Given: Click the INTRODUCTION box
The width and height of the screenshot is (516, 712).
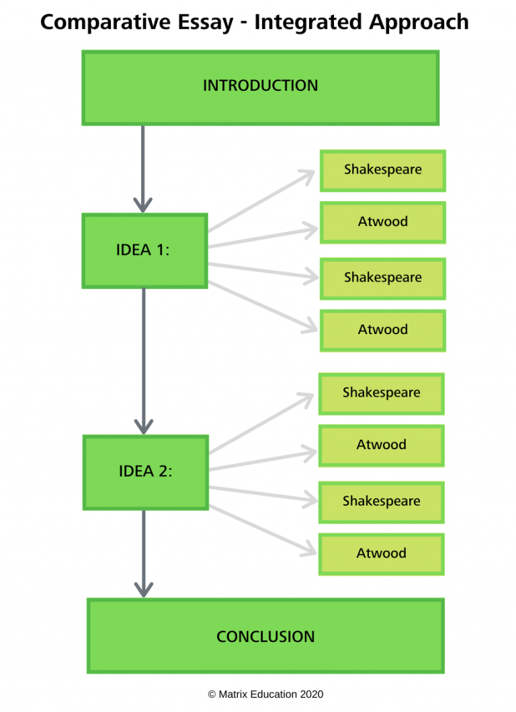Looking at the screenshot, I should (260, 87).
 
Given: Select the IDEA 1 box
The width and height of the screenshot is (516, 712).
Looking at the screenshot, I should (144, 251).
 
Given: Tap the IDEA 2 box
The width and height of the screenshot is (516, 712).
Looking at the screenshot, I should (145, 472).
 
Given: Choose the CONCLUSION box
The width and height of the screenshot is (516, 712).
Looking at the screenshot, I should (265, 636).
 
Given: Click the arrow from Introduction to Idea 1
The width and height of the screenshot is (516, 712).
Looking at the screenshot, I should (143, 168).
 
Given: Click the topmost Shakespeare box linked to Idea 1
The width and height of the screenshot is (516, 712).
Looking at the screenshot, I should (383, 170).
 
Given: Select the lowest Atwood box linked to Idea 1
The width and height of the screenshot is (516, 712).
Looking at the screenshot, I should (383, 330).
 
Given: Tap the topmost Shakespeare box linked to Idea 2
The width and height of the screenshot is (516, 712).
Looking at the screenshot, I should (381, 393).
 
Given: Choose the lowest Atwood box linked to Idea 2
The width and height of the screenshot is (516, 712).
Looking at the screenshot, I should (381, 553).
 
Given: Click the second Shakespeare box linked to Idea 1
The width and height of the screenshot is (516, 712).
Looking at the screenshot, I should (383, 278).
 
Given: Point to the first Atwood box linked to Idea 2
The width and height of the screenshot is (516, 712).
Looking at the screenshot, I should (381, 445).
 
